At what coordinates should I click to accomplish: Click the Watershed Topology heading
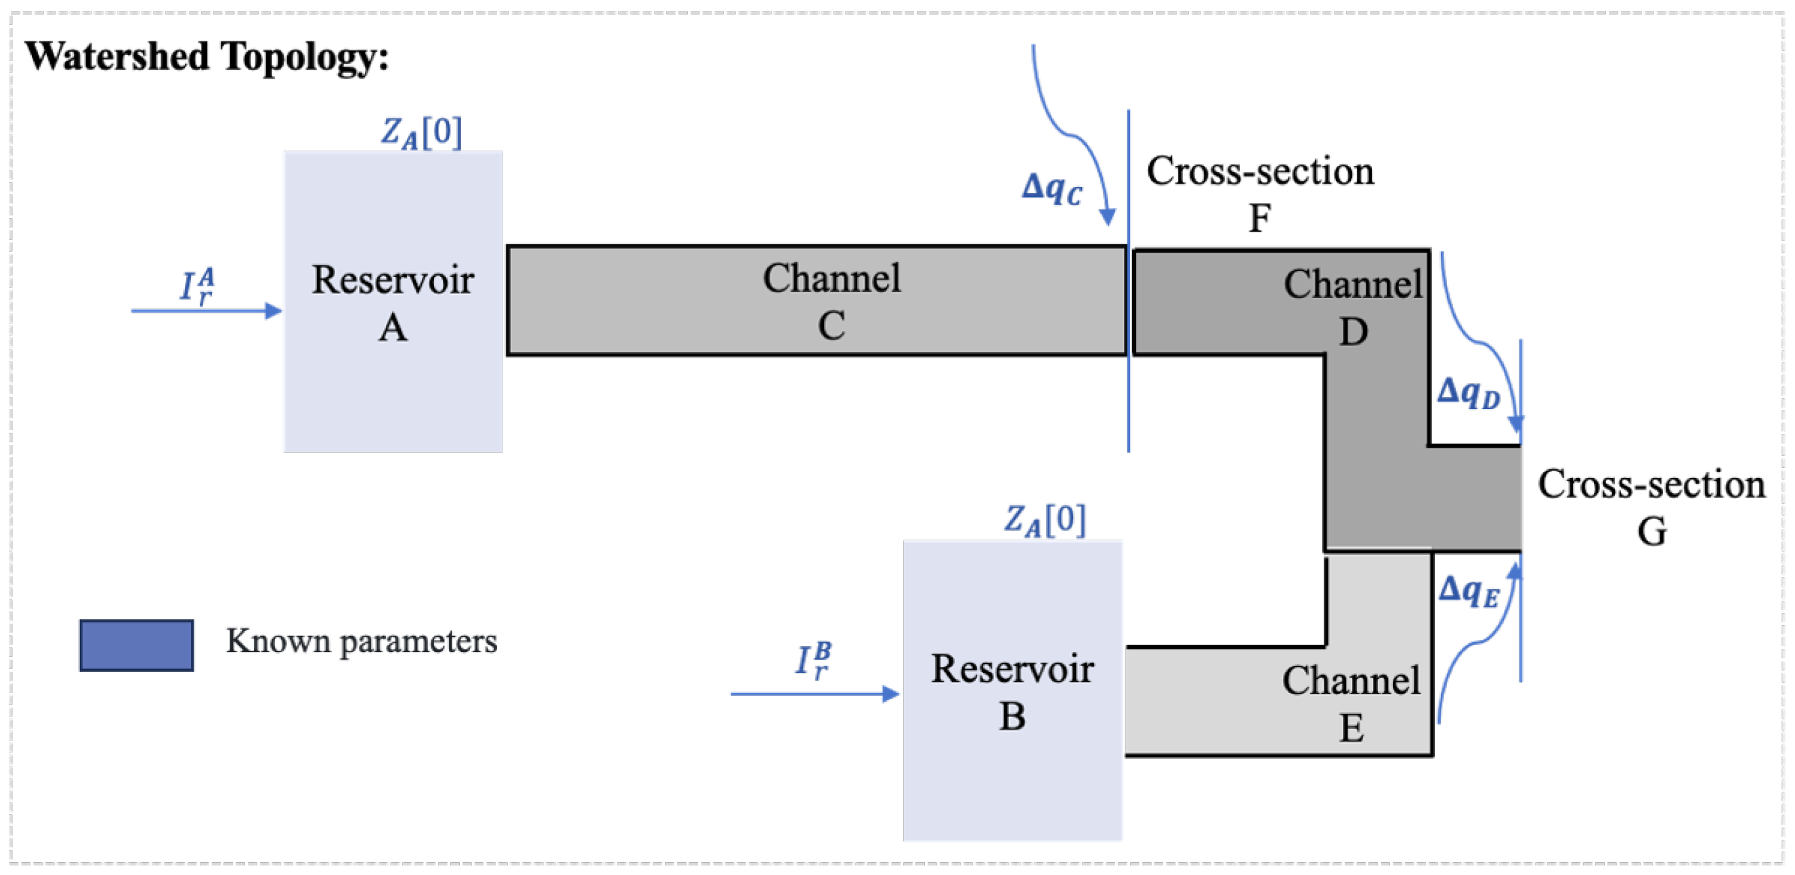(x=207, y=56)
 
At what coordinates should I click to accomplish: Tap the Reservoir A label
(x=392, y=303)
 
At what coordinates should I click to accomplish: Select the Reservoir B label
(x=1012, y=691)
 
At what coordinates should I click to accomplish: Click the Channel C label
(x=831, y=301)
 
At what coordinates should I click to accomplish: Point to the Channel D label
(x=1351, y=307)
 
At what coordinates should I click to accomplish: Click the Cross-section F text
(x=1260, y=194)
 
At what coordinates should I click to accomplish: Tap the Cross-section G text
(x=1651, y=507)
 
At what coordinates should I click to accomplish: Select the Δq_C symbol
(x=1052, y=188)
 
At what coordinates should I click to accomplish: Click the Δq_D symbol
(x=1468, y=393)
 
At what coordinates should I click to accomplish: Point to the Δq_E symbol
(x=1468, y=591)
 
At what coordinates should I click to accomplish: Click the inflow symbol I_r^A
(x=197, y=286)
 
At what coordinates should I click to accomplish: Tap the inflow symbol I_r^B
(x=813, y=660)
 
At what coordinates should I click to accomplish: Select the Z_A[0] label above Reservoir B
(x=1044, y=520)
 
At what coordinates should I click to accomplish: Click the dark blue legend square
(x=137, y=645)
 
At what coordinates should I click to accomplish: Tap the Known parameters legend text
(x=361, y=641)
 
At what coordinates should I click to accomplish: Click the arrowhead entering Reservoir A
(x=274, y=311)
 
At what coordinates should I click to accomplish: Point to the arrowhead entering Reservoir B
(x=890, y=693)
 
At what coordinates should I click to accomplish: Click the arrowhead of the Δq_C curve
(x=1107, y=217)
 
